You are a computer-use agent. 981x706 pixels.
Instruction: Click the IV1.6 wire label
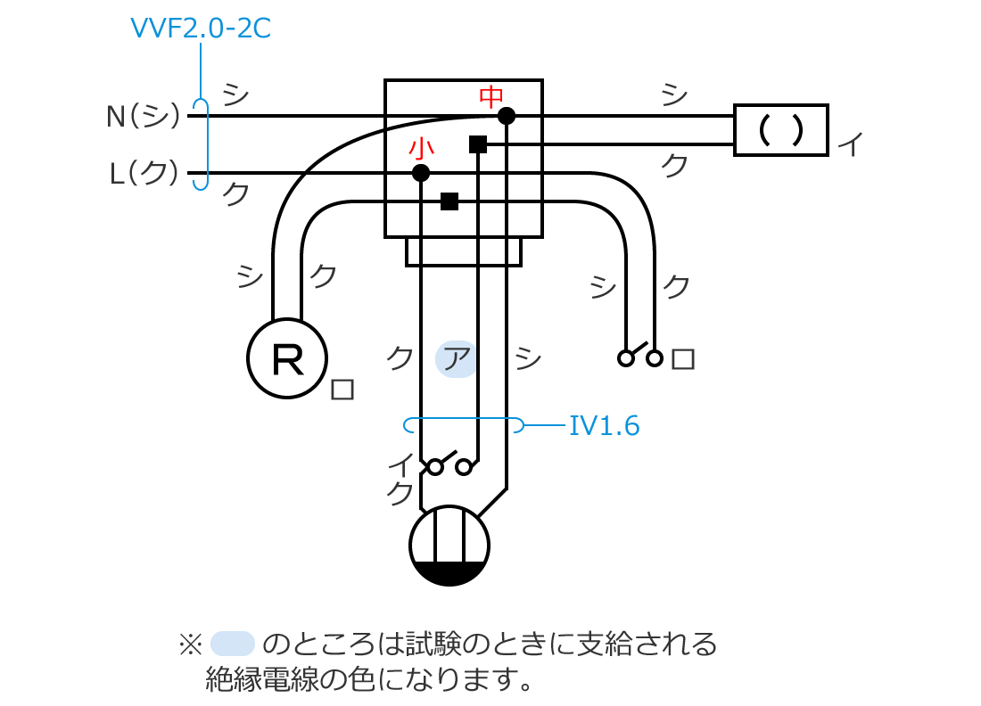(x=605, y=426)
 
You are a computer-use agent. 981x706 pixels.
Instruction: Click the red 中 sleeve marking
(x=492, y=95)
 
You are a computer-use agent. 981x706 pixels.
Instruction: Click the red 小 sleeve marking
(x=421, y=147)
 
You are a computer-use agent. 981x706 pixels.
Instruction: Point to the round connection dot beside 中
(x=507, y=115)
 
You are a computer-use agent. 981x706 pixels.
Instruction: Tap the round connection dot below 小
(x=422, y=173)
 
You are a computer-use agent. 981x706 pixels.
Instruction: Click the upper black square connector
(x=478, y=144)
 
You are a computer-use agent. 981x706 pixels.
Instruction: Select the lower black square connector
(x=449, y=201)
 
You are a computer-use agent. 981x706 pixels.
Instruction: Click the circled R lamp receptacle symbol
(x=287, y=358)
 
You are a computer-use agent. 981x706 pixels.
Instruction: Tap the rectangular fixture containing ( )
(x=780, y=130)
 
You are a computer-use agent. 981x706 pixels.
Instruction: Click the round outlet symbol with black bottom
(x=449, y=546)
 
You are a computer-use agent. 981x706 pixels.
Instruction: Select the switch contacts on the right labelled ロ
(x=640, y=357)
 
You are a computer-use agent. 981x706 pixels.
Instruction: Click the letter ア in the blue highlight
(x=457, y=359)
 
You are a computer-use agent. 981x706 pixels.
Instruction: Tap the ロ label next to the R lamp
(x=342, y=390)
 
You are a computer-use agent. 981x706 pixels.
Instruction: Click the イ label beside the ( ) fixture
(x=851, y=145)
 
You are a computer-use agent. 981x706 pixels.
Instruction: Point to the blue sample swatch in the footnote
(x=234, y=643)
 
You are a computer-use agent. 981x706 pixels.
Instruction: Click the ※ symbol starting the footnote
(x=191, y=644)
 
